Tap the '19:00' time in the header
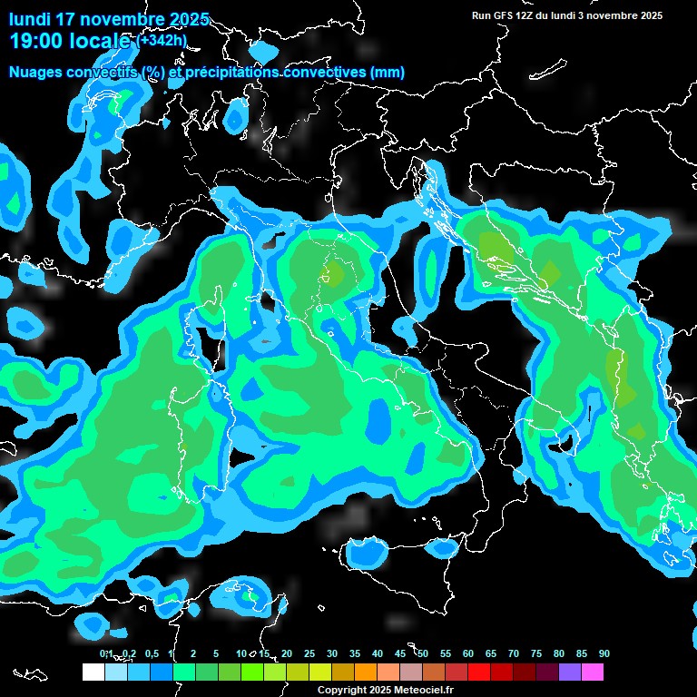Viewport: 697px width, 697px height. (x=34, y=41)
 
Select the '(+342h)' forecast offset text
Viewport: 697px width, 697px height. (x=162, y=41)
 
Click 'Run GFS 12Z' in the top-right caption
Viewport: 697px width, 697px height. (x=502, y=15)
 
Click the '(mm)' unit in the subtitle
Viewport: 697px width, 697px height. (x=387, y=73)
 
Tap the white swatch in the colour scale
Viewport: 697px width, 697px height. (x=93, y=672)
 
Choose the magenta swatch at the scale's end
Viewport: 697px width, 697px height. (x=593, y=672)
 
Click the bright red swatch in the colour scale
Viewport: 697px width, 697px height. (x=479, y=672)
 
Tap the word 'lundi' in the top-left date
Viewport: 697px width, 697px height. (x=29, y=20)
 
